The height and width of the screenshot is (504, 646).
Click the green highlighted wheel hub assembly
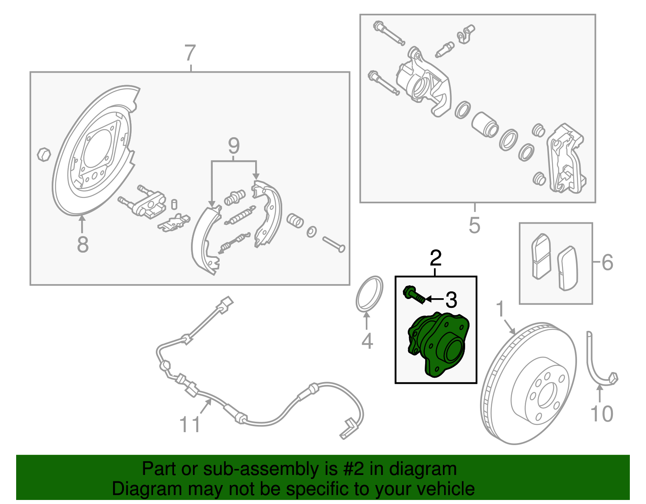pos(438,345)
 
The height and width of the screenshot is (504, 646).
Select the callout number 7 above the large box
pos(190,54)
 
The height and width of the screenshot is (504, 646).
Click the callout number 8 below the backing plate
pos(83,245)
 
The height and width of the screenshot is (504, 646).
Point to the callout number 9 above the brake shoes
pos(234,146)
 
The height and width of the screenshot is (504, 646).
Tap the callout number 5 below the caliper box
pos(474,225)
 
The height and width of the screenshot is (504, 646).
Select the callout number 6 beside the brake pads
pos(607,262)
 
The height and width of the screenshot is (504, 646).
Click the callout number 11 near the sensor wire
pos(190,425)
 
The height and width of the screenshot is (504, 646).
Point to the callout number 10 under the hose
pos(602,414)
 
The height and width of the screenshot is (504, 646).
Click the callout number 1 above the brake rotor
pos(500,310)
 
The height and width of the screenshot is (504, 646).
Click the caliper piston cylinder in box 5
pos(485,124)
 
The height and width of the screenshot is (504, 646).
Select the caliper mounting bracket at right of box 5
pos(565,159)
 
